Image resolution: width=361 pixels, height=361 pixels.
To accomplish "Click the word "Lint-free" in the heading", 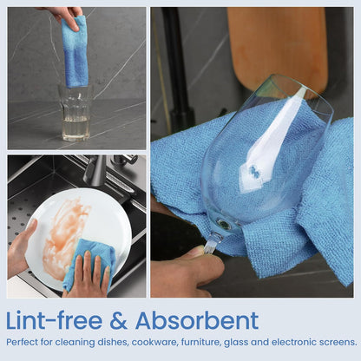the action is point(54,320).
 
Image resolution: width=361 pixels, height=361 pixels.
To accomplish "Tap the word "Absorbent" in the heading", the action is point(197,320).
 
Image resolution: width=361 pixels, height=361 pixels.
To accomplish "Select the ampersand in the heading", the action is point(118,321).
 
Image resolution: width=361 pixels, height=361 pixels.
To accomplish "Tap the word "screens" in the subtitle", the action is point(338,343).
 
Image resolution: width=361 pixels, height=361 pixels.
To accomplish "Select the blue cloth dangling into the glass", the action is point(75,52).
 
